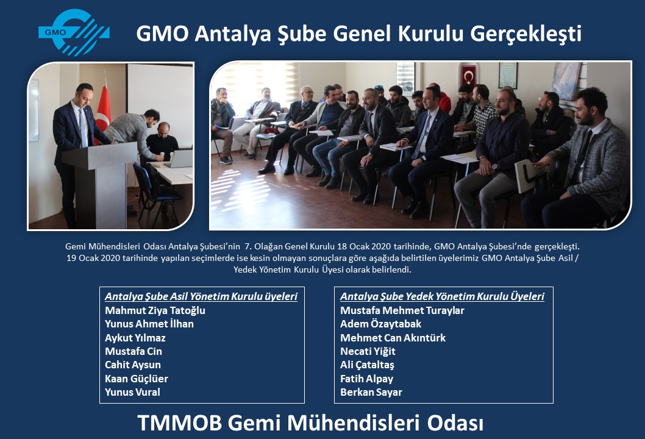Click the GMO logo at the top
click(74, 32)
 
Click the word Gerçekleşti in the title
click(526, 34)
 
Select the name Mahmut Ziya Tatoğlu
click(155, 310)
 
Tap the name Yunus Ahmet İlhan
click(149, 324)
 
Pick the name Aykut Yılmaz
click(135, 338)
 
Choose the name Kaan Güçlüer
click(137, 379)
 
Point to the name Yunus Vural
click(132, 393)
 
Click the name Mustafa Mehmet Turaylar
click(402, 310)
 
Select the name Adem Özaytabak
click(381, 324)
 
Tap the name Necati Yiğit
click(368, 351)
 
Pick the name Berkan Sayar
click(371, 393)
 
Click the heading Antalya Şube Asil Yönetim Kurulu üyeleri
click(201, 297)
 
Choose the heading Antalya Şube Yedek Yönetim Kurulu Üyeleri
click(442, 297)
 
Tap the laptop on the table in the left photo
click(180, 159)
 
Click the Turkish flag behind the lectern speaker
click(102, 111)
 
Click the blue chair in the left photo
click(155, 193)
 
